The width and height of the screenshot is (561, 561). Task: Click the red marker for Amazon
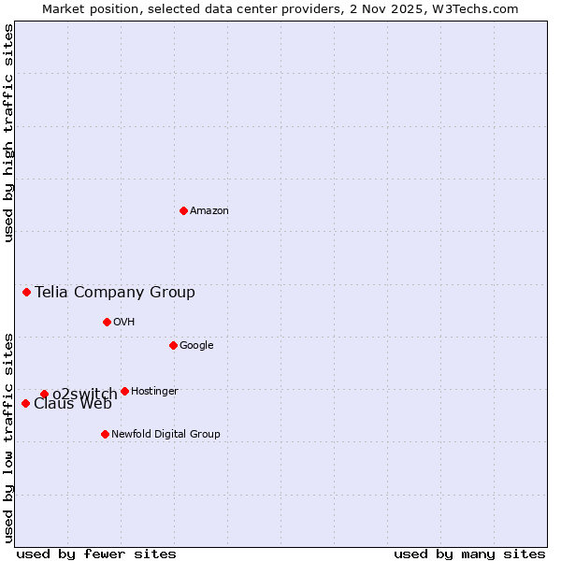183,210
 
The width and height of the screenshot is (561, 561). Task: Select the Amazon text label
209,211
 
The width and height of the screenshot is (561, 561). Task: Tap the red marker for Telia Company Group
27,292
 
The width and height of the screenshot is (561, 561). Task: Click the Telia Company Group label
115,293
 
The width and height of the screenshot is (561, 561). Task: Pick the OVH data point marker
107,322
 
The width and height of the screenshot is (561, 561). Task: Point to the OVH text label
124,323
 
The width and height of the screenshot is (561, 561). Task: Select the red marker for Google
173,345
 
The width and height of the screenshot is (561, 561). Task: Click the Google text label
196,346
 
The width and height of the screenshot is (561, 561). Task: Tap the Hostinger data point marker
124,391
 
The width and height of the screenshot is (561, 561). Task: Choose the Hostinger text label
154,392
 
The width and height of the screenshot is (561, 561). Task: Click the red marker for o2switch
44,394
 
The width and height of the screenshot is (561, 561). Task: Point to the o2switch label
84,394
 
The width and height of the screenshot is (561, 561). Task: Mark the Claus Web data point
25,403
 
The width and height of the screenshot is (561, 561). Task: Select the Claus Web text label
73,405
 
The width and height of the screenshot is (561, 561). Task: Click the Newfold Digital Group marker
105,434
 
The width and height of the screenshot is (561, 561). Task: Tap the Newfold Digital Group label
165,435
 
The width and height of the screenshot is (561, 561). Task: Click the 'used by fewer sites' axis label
96,554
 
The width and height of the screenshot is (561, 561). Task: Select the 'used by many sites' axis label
469,554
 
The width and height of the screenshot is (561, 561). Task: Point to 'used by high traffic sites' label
8,133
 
